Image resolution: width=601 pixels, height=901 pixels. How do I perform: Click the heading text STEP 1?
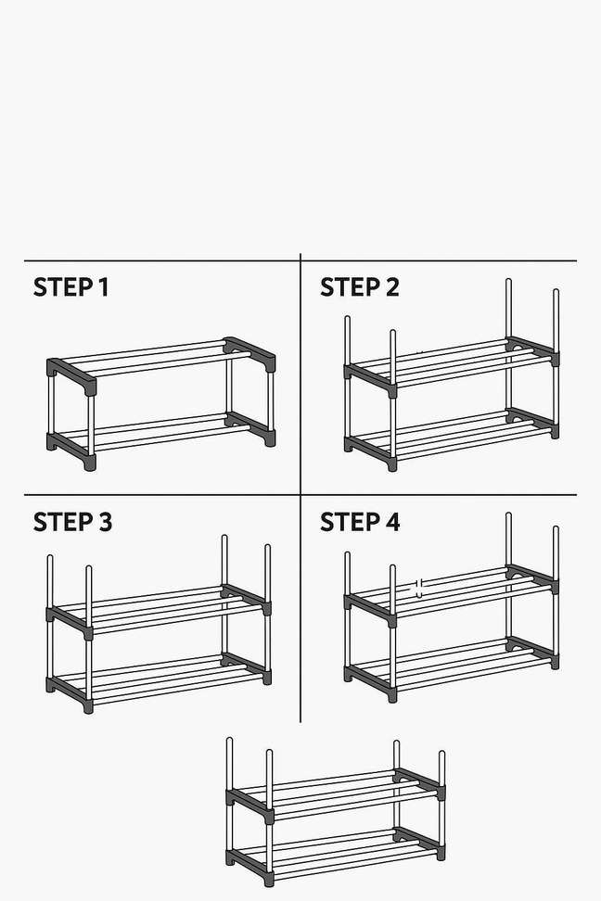point(70,287)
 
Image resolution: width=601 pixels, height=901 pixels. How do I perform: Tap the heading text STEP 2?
point(359,287)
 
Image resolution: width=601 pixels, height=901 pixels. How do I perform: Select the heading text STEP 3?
point(72,522)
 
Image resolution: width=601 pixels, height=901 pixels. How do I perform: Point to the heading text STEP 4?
point(360,522)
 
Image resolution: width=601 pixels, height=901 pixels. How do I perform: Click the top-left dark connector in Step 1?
point(70,374)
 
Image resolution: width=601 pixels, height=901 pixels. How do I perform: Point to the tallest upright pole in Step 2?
point(509,311)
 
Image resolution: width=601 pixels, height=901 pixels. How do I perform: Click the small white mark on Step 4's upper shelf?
point(418,587)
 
